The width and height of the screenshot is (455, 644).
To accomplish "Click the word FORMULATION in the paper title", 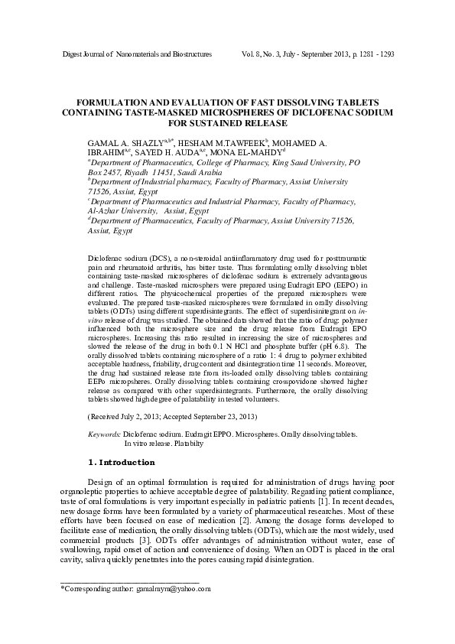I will pos(116,102).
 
